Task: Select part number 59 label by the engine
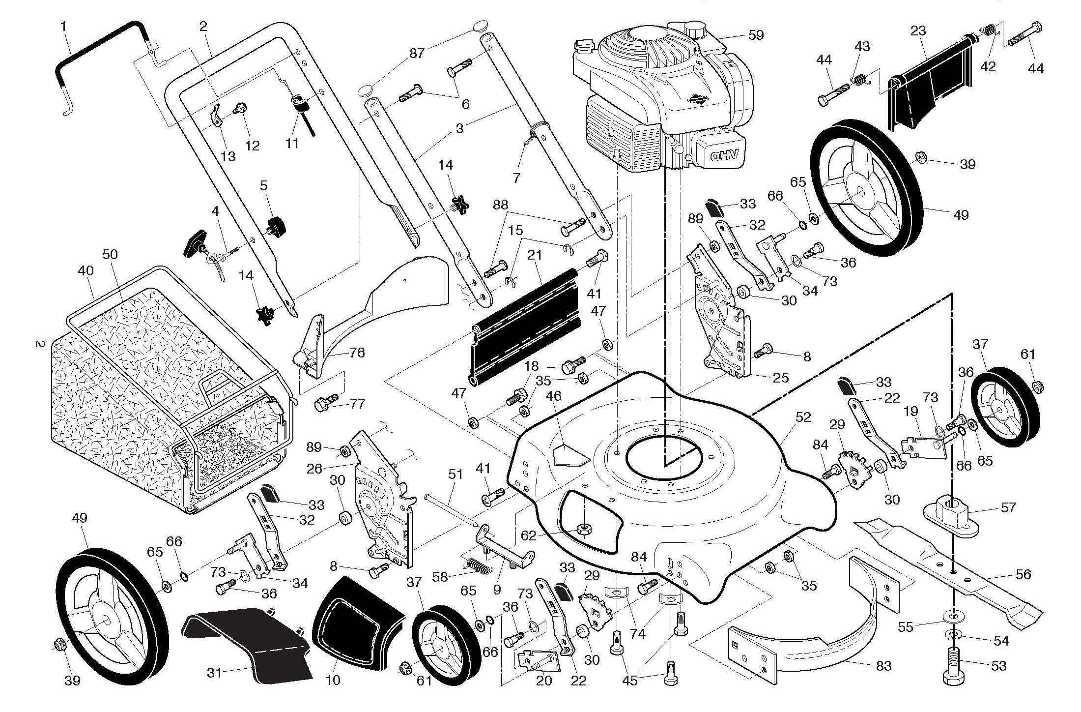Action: (x=756, y=35)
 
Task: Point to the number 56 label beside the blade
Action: (x=1023, y=574)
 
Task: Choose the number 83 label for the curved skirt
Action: (x=883, y=666)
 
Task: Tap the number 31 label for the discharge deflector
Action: (x=214, y=672)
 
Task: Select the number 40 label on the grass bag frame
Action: (x=85, y=271)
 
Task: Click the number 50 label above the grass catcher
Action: (x=110, y=254)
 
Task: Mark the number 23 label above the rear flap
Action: (x=918, y=31)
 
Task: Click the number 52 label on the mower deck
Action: (x=803, y=417)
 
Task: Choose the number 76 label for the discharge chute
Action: (x=357, y=353)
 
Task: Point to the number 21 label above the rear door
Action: (x=535, y=255)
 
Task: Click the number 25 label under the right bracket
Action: (x=780, y=378)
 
